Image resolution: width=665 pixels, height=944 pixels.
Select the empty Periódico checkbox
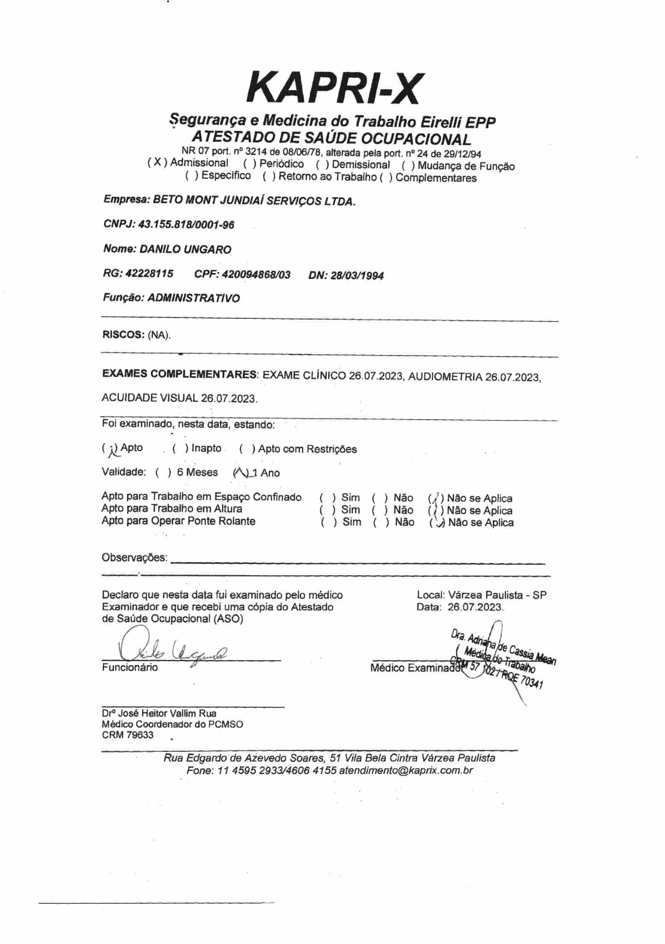click(248, 164)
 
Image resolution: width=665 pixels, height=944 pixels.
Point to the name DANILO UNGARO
click(185, 249)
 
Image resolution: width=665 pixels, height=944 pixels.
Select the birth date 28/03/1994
click(357, 275)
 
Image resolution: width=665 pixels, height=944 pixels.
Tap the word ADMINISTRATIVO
click(194, 298)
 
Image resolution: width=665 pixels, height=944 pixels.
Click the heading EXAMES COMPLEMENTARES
click(179, 374)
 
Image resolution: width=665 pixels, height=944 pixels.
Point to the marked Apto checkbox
click(111, 449)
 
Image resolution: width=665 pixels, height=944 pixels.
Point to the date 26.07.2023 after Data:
click(475, 607)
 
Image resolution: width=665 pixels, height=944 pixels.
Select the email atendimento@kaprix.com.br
click(406, 770)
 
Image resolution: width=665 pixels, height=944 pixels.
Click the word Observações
click(134, 557)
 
